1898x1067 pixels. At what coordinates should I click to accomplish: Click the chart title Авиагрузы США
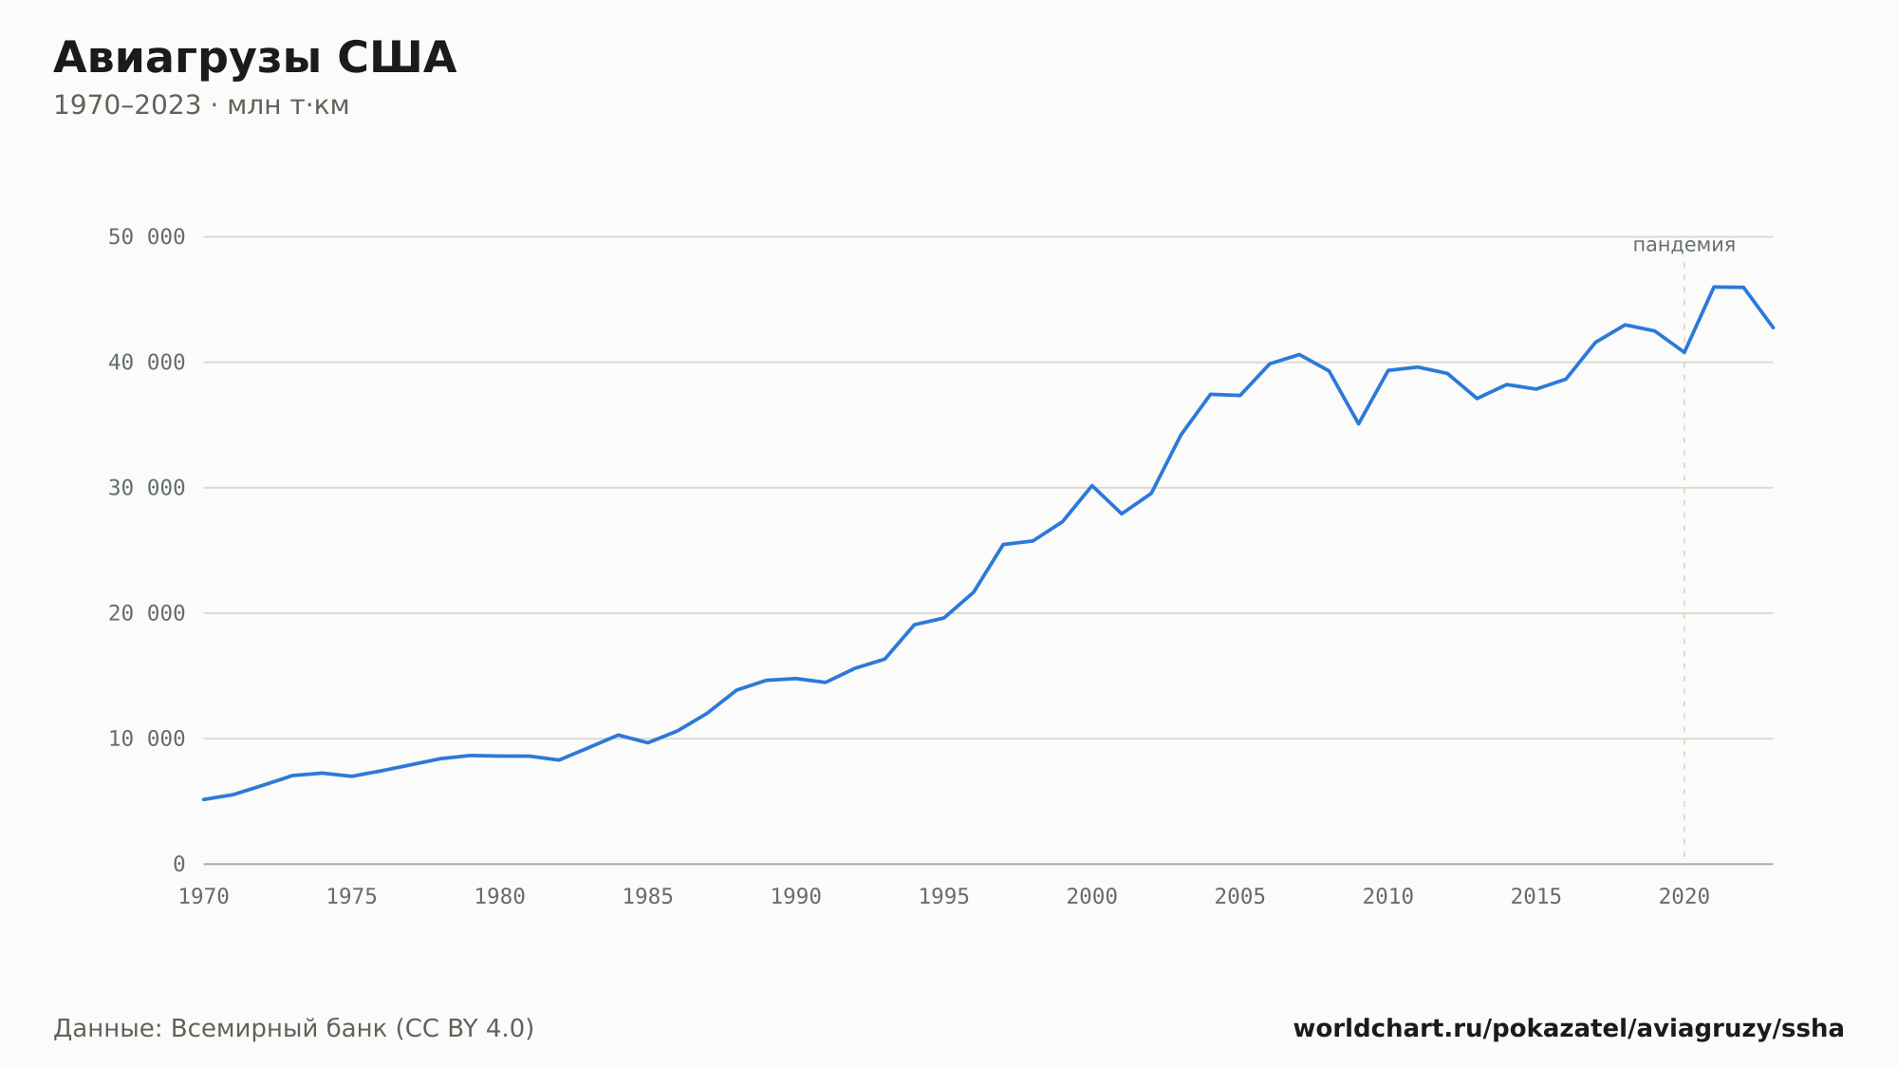[254, 59]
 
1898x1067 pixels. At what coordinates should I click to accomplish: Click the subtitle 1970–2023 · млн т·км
[201, 105]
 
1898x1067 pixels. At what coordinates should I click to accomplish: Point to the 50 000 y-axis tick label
[146, 237]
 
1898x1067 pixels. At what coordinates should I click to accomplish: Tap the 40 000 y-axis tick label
[146, 363]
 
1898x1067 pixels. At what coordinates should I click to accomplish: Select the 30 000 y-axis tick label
[146, 488]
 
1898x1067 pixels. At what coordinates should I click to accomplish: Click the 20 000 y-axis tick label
[146, 613]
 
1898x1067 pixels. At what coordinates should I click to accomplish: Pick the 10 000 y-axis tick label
[146, 739]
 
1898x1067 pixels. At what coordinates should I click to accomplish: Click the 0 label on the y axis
[179, 865]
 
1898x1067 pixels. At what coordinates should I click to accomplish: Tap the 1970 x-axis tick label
[204, 897]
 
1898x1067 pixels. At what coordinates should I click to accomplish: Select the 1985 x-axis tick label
[648, 897]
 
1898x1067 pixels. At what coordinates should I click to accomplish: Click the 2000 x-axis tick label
[1092, 897]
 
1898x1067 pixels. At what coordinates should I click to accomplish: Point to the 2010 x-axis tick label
[1388, 897]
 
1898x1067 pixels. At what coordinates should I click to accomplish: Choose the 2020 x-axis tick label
[1684, 897]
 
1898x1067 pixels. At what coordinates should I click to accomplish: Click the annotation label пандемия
[1684, 245]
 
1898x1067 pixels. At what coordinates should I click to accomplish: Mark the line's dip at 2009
[1359, 423]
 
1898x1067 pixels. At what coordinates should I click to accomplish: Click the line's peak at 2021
[1714, 287]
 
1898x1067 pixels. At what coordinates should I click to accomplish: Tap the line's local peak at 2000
[1092, 485]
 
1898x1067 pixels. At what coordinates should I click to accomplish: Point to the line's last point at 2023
[1773, 328]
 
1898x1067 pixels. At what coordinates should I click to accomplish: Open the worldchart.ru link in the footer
[1569, 1029]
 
